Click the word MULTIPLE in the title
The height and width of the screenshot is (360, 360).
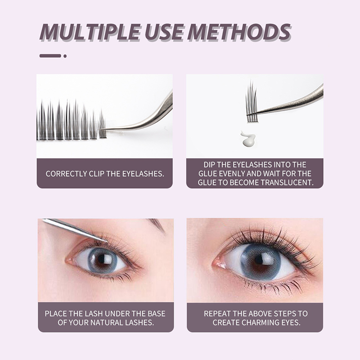click(x=90, y=32)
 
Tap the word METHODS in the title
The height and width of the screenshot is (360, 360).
click(x=239, y=32)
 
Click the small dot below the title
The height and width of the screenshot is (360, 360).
click(x=65, y=56)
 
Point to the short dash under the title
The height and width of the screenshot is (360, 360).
click(x=50, y=56)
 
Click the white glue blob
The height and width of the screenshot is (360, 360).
click(x=248, y=139)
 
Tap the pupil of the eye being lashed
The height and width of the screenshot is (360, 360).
click(x=102, y=260)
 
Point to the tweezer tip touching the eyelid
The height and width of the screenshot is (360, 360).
click(x=107, y=242)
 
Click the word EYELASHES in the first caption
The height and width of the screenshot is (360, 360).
click(x=143, y=174)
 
